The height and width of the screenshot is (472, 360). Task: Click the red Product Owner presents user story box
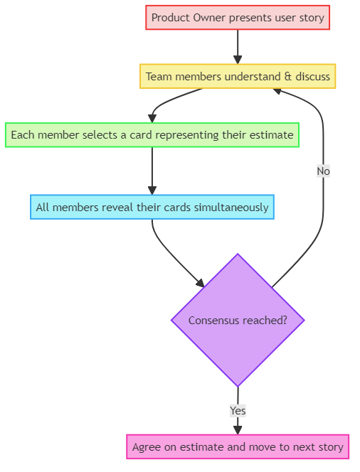click(238, 18)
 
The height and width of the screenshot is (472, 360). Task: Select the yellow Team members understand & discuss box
click(238, 76)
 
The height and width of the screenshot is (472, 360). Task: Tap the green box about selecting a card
click(152, 134)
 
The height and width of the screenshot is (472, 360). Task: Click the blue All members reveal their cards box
click(152, 208)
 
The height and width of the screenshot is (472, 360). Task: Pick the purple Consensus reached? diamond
click(238, 320)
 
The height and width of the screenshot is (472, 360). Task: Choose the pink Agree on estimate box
click(238, 447)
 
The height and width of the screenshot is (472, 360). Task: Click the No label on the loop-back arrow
click(323, 171)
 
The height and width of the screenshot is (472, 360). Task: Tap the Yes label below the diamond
click(238, 411)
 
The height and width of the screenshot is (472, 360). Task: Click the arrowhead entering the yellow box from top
click(238, 60)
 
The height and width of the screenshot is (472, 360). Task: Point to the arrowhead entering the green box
click(152, 118)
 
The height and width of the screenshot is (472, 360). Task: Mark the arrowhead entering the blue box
click(152, 191)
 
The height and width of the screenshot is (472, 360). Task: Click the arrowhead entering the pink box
click(238, 429)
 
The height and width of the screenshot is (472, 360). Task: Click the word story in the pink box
click(329, 447)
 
